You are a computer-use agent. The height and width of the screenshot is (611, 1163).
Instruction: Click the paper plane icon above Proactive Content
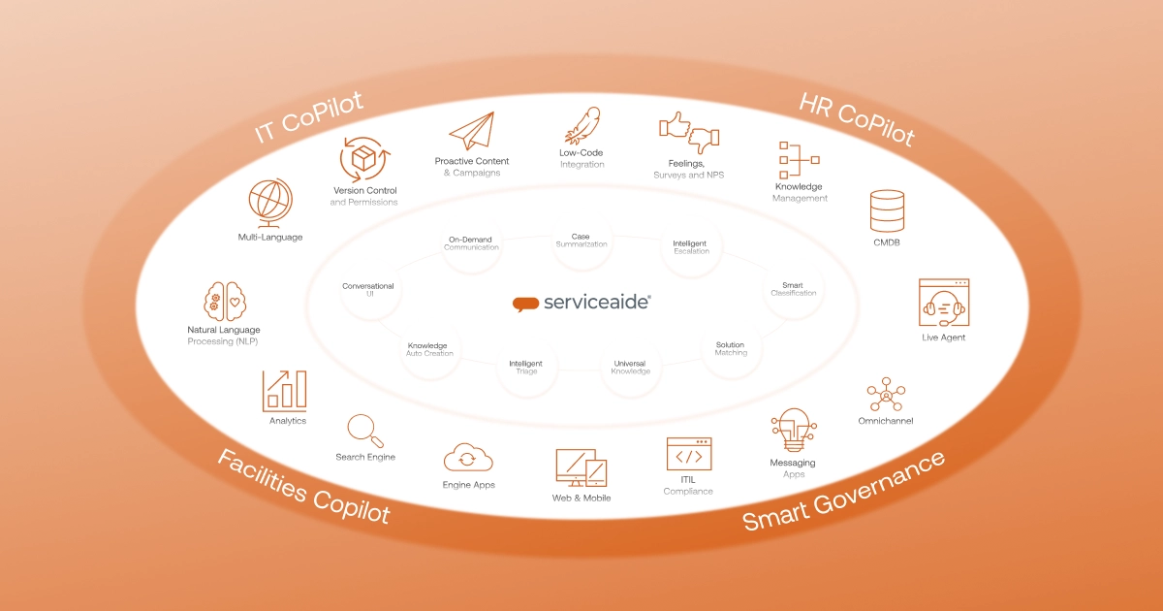click(x=471, y=132)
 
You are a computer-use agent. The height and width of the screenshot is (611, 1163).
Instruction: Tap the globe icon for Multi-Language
click(x=270, y=202)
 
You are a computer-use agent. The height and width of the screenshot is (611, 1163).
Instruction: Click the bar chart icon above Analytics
click(x=287, y=390)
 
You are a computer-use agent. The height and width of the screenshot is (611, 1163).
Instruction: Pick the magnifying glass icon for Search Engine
click(x=364, y=430)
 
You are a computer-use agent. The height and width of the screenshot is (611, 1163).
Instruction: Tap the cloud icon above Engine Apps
click(x=468, y=457)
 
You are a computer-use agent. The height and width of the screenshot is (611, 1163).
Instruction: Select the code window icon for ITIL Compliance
click(x=688, y=455)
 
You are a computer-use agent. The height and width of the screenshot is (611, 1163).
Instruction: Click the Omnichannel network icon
click(x=885, y=394)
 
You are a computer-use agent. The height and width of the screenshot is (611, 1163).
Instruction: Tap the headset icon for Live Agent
click(x=943, y=303)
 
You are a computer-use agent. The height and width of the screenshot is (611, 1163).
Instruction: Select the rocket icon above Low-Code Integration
click(x=581, y=125)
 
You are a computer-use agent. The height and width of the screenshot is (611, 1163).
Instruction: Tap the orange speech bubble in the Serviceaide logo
click(x=525, y=304)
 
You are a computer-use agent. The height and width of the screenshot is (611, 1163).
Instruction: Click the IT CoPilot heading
click(x=309, y=117)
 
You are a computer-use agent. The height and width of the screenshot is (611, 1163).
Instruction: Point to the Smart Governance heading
click(x=843, y=489)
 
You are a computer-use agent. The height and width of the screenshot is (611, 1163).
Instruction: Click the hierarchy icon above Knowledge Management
click(x=799, y=160)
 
